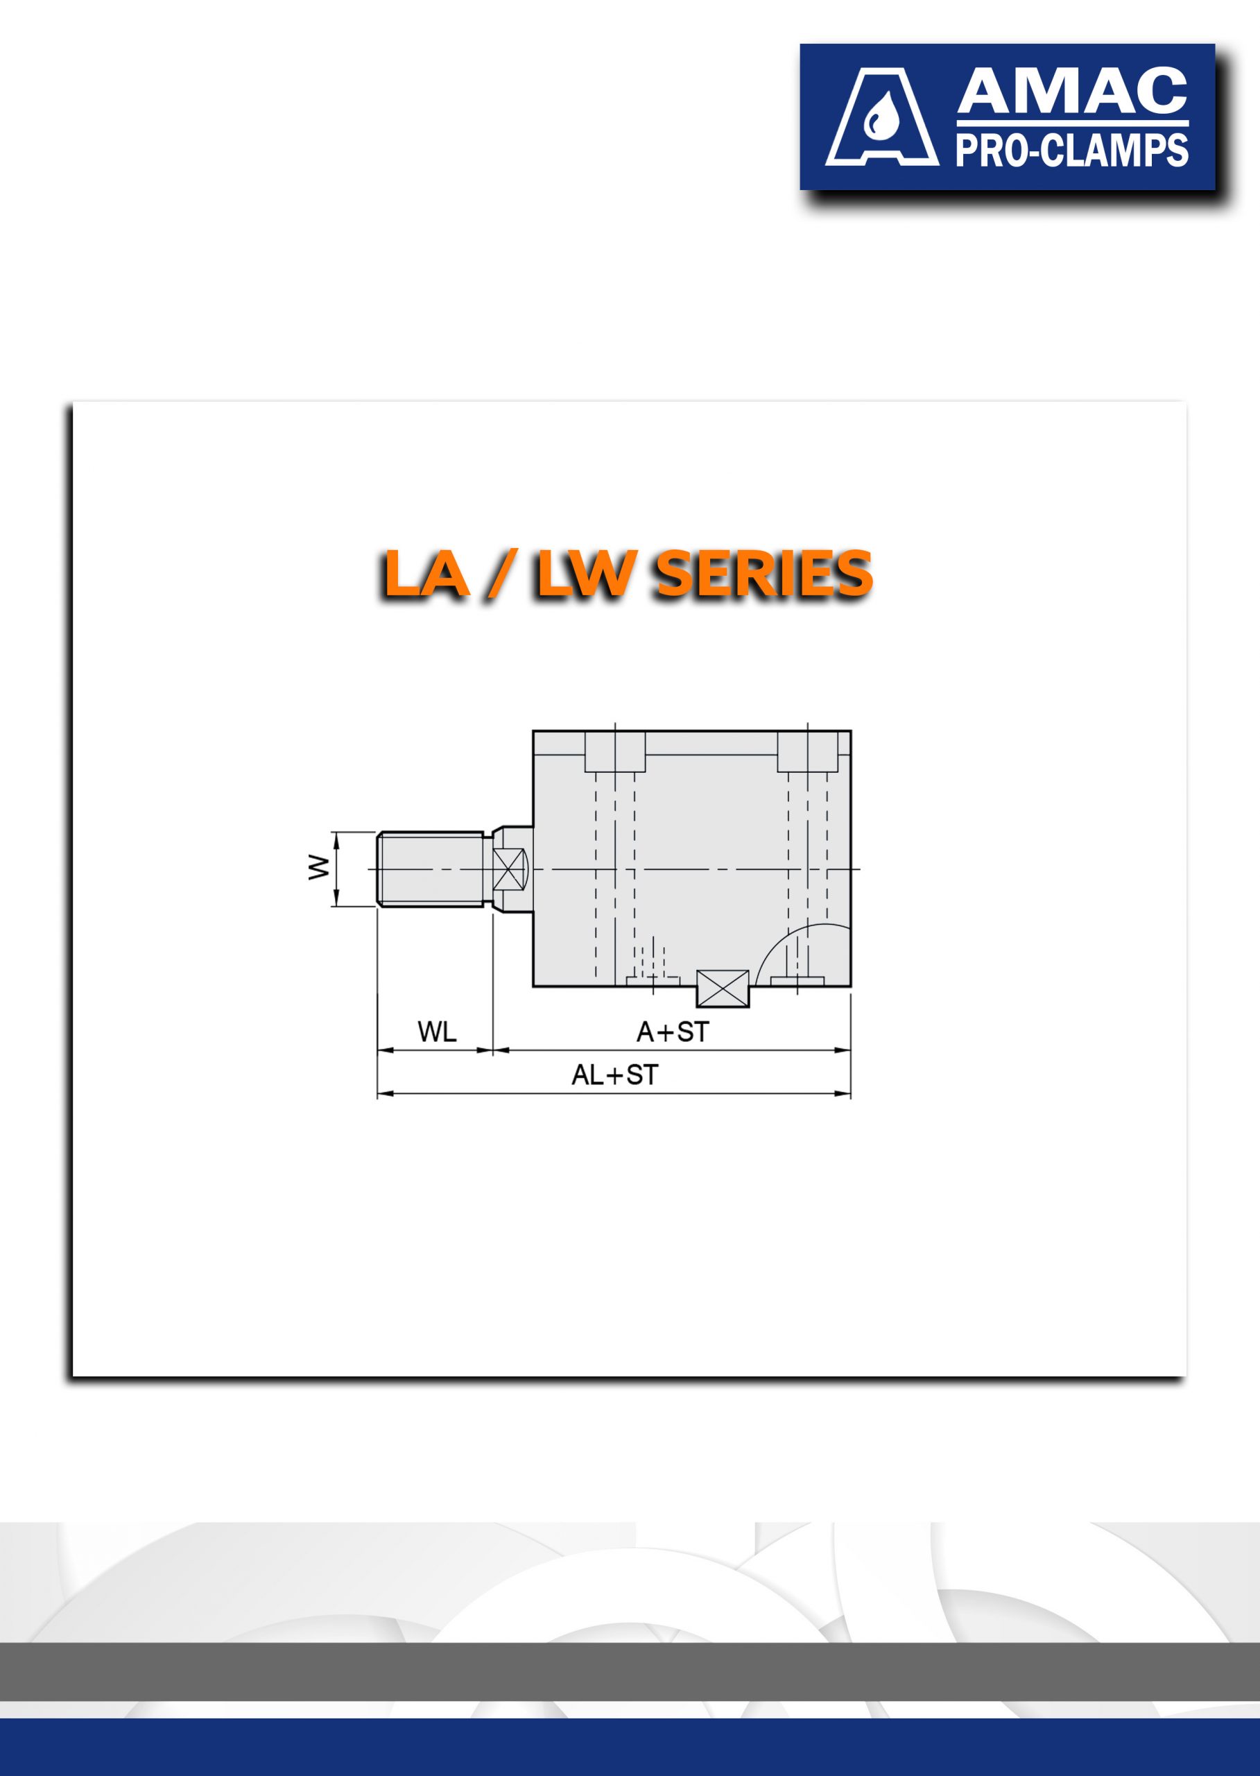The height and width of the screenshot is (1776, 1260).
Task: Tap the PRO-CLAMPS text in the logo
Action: pyautogui.click(x=1072, y=150)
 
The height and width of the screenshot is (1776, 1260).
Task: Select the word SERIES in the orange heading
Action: pyautogui.click(x=764, y=574)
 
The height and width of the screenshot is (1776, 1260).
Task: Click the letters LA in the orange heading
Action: pyautogui.click(x=426, y=574)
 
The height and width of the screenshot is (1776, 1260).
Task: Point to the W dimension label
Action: pyautogui.click(x=318, y=867)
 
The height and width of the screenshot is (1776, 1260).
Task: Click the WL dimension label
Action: pyautogui.click(x=437, y=1032)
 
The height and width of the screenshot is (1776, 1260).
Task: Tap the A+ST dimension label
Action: pyautogui.click(x=673, y=1032)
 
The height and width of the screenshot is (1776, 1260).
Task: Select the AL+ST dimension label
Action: pyautogui.click(x=614, y=1075)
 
